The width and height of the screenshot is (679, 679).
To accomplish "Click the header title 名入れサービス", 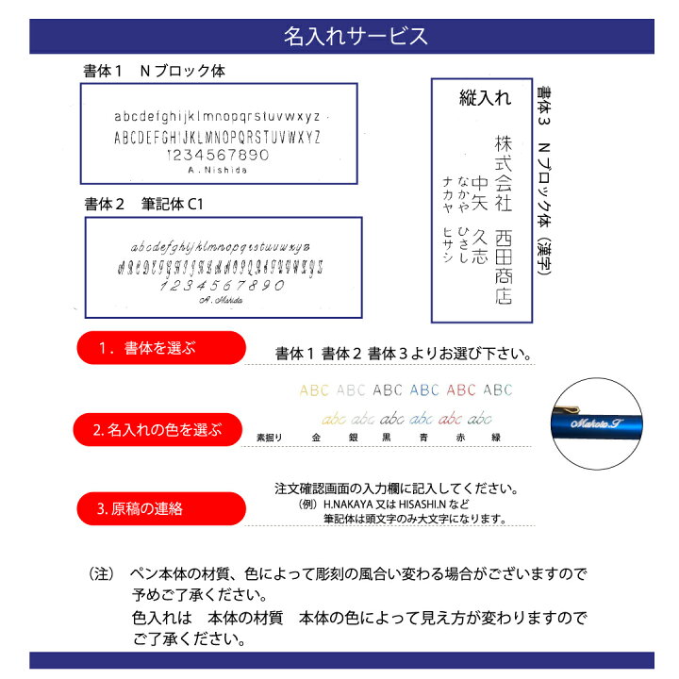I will [x=356, y=37].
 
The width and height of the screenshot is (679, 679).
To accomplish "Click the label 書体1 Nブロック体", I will [x=155, y=72].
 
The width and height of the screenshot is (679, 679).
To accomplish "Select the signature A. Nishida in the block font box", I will [x=217, y=171].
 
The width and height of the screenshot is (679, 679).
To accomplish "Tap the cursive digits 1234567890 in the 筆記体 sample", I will [x=223, y=286].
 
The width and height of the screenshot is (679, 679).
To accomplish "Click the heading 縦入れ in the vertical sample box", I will [x=484, y=97].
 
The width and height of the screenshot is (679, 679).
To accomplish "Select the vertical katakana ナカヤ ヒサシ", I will [x=446, y=207].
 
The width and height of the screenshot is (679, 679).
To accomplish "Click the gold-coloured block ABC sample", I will [x=315, y=389].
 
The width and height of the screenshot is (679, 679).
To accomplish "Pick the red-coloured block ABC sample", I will [x=461, y=389].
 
